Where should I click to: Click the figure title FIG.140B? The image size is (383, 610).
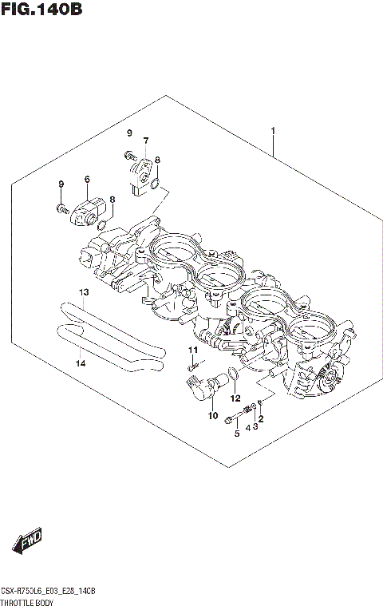click(41, 10)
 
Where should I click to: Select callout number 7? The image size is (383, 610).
click(146, 141)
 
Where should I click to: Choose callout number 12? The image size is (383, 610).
click(235, 398)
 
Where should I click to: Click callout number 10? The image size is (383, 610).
click(212, 415)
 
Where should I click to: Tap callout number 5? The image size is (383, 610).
click(236, 434)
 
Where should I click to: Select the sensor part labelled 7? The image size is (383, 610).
click(141, 169)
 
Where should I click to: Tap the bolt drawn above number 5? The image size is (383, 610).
click(232, 418)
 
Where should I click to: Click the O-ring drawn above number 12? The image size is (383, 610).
click(231, 374)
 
